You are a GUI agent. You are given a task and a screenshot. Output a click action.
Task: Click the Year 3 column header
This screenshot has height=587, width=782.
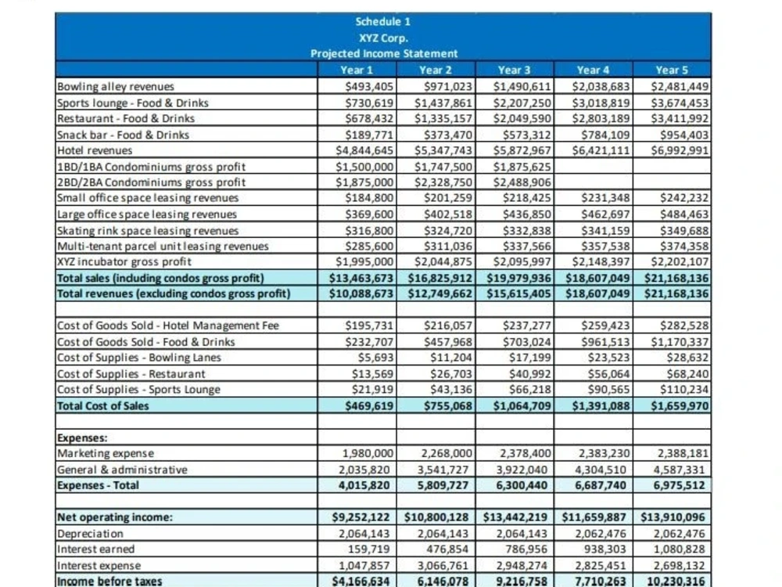click(x=514, y=70)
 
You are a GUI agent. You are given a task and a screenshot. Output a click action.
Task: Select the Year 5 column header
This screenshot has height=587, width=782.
click(x=671, y=70)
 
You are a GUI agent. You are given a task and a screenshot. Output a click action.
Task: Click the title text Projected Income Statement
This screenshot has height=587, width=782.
click(x=383, y=53)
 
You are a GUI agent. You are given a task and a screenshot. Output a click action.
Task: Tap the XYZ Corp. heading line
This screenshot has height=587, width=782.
click(x=383, y=38)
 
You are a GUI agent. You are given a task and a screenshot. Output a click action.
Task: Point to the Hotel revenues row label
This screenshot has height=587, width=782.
click(x=95, y=151)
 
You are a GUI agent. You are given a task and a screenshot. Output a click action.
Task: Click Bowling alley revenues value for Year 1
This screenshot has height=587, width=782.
click(x=369, y=87)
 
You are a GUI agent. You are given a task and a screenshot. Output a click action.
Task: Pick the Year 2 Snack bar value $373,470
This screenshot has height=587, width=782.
click(x=448, y=135)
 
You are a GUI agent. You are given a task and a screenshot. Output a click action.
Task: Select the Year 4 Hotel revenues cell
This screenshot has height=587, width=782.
click(x=601, y=151)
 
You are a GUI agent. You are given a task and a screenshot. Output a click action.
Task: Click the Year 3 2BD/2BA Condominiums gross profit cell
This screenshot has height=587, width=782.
click(x=522, y=182)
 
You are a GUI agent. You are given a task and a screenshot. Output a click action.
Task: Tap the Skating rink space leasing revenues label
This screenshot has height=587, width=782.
click(x=148, y=231)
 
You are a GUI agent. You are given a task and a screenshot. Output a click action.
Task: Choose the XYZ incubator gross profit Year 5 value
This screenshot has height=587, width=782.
click(x=680, y=262)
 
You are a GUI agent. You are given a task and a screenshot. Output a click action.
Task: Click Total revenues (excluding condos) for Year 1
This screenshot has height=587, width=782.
click(x=361, y=293)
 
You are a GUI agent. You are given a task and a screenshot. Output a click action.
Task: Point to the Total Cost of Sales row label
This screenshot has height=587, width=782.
click(x=102, y=405)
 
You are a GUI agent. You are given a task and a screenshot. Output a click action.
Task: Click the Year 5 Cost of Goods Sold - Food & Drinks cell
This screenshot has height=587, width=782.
click(x=680, y=342)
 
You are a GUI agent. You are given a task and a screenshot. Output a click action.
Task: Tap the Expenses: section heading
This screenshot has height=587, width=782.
click(x=82, y=438)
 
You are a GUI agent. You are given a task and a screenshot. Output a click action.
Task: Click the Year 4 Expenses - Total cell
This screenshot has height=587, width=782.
click(x=600, y=485)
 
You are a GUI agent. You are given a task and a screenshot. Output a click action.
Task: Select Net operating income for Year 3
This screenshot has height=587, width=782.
click(x=515, y=517)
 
